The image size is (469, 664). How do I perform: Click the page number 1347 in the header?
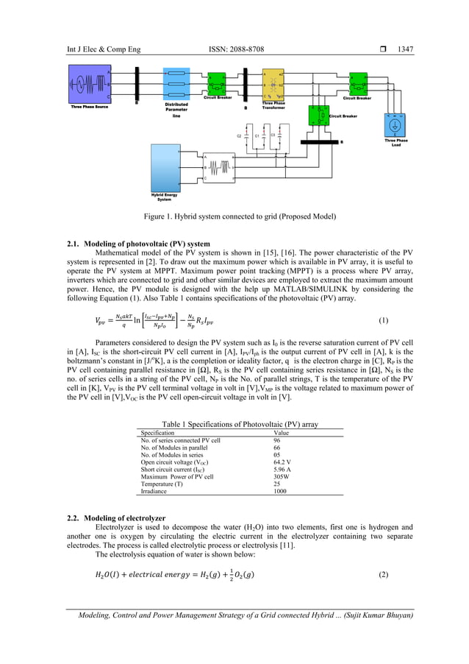[x=405, y=49]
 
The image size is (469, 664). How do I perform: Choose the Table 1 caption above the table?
[x=240, y=425]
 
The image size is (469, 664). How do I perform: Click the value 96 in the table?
[x=278, y=440]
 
